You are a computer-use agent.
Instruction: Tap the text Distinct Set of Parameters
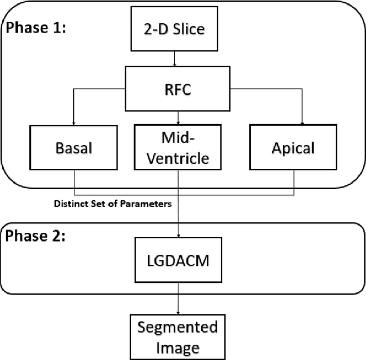click(113, 203)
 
